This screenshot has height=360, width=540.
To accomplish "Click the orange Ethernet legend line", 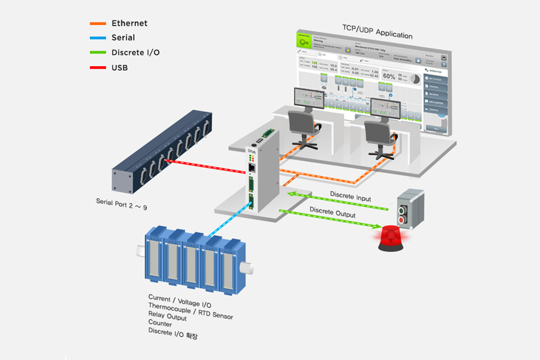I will [x=97, y=24].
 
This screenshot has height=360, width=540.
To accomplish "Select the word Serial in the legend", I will [x=123, y=38].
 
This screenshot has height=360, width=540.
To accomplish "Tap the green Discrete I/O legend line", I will [x=97, y=53].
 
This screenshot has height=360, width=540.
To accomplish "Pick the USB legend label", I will [x=120, y=67].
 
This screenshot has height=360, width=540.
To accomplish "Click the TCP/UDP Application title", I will [x=377, y=35].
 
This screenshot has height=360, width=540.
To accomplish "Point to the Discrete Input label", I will [x=350, y=199].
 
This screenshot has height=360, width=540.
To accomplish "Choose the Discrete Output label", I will [x=333, y=211].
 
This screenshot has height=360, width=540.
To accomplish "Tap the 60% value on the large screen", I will [x=389, y=75].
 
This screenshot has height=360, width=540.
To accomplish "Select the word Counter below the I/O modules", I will [x=159, y=324].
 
